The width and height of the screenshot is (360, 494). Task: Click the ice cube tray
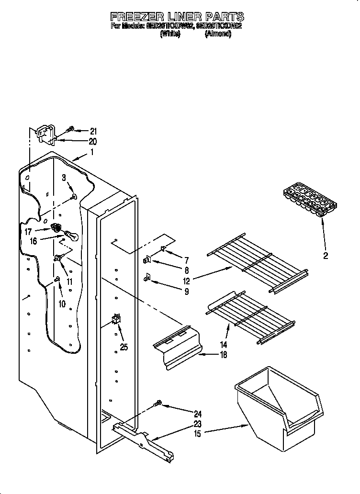click(x=309, y=201)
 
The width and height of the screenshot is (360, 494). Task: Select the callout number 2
click(x=326, y=256)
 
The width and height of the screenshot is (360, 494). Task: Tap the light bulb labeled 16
click(x=71, y=235)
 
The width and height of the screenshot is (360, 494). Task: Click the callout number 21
click(x=93, y=131)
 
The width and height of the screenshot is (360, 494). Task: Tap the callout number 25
click(x=124, y=347)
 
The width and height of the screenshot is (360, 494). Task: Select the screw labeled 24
click(x=157, y=405)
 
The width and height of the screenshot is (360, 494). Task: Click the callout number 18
click(x=223, y=355)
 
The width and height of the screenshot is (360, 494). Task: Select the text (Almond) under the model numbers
click(x=218, y=34)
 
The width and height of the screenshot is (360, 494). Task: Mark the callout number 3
click(x=64, y=178)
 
